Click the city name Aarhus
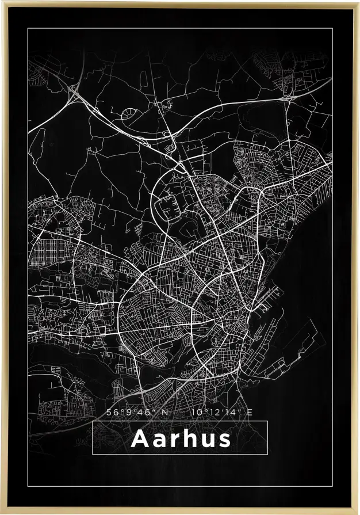(181, 438)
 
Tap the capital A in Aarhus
(140, 438)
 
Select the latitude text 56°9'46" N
(137, 412)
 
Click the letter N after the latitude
(165, 412)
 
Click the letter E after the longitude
(249, 412)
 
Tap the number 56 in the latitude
(112, 412)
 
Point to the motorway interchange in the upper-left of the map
(74, 90)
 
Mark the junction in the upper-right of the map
(287, 98)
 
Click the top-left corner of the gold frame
(2, 2)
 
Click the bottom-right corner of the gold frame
(358, 513)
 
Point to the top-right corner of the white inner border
(332, 28)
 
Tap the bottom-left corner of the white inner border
(28, 487)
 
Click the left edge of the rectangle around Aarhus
(93, 438)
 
